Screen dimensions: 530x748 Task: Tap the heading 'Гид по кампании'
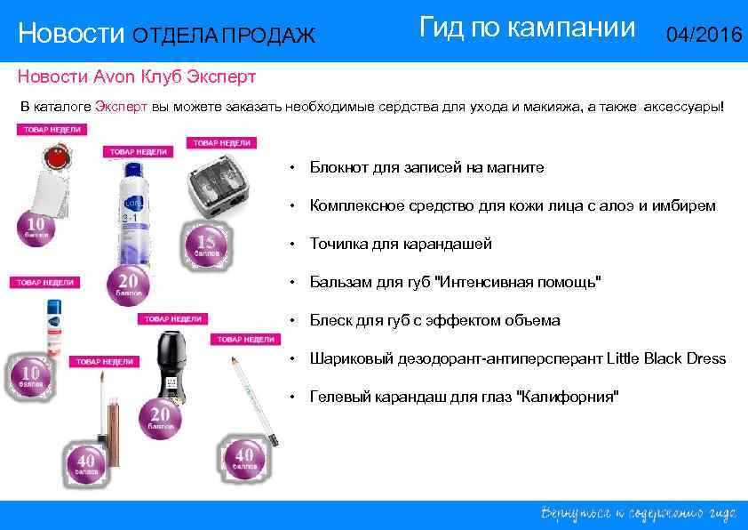527,28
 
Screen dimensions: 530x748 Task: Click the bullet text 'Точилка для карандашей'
400,244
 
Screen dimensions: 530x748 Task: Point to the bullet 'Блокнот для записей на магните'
426,167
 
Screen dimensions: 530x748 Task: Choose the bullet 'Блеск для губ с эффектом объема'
434,320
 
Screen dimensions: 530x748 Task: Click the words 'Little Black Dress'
666,358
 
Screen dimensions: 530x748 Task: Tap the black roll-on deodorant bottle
167,365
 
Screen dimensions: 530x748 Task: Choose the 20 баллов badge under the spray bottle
129,284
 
